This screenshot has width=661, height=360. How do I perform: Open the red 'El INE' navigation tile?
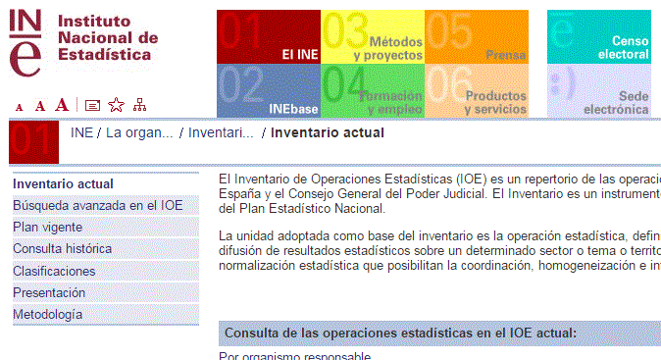click(268, 37)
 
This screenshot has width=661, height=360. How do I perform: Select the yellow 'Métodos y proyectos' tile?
click(373, 37)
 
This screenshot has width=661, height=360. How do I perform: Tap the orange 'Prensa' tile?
click(476, 37)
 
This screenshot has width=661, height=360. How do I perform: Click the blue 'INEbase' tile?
click(268, 91)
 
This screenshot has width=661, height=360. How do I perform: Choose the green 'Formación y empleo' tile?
click(373, 91)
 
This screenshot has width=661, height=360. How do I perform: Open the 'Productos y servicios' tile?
click(476, 91)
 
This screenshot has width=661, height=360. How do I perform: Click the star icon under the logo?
click(116, 105)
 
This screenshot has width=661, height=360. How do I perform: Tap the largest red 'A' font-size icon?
click(62, 104)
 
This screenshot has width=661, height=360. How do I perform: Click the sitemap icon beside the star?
click(139, 105)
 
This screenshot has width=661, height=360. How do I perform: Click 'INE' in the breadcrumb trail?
click(81, 132)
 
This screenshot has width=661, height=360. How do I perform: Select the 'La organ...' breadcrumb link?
click(139, 132)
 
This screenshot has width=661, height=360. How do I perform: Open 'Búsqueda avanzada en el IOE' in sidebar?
click(97, 205)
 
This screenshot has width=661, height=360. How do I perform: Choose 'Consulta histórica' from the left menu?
click(62, 248)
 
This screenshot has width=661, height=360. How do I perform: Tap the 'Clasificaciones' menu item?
click(54, 271)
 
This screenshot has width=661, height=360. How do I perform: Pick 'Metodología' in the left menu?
click(47, 314)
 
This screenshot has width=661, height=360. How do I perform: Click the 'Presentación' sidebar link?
click(48, 292)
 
